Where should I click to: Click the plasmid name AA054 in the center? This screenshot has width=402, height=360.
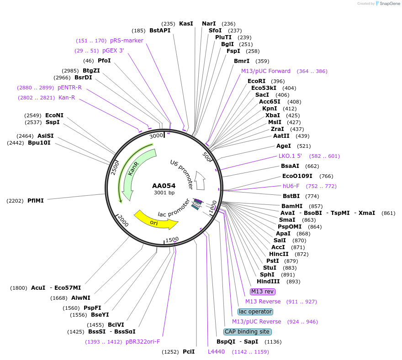pyautogui.click(x=164, y=186)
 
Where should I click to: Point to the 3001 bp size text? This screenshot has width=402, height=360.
pyautogui.click(x=164, y=193)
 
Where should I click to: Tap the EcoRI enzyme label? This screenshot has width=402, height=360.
pyautogui.click(x=256, y=81)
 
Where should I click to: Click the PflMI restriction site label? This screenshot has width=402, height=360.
pyautogui.click(x=36, y=200)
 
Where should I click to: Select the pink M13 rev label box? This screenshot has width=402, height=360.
pyautogui.click(x=262, y=292)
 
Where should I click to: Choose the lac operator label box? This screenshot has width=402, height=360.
pyautogui.click(x=255, y=312)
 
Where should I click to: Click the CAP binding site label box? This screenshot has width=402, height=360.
pyautogui.click(x=247, y=332)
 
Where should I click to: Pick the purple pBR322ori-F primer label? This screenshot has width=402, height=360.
pyautogui.click(x=143, y=342)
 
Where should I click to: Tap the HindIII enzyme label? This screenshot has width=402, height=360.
pyautogui.click(x=268, y=282)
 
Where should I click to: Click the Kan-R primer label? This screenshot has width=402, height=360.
pyautogui.click(x=67, y=98)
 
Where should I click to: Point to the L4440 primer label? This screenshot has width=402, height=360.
pyautogui.click(x=216, y=352)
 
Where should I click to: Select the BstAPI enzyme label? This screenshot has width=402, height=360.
pyautogui.click(x=160, y=31)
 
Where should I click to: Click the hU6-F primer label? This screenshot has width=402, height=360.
pyautogui.click(x=291, y=186)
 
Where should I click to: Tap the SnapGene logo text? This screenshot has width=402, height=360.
pyautogui.click(x=389, y=4)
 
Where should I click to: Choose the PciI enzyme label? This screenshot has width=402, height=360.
pyautogui.click(x=189, y=352)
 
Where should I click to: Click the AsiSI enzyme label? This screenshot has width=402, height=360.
pyautogui.click(x=46, y=136)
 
